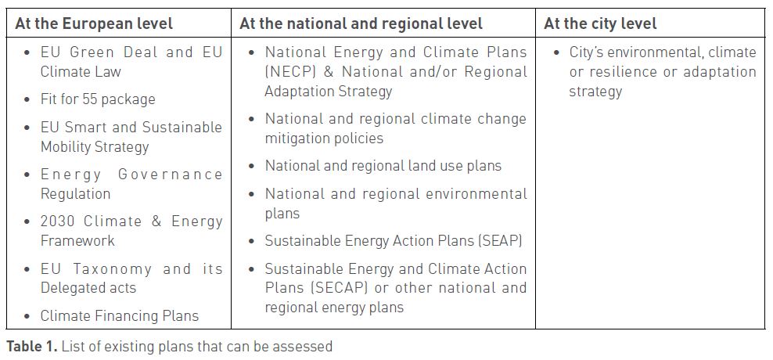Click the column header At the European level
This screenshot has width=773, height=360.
click(94, 23)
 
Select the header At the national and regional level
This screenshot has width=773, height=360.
click(361, 23)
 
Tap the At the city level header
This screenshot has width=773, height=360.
click(600, 23)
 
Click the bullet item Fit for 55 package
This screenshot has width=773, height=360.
click(98, 99)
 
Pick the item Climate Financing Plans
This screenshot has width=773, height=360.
click(119, 316)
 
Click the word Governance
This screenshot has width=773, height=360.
click(170, 174)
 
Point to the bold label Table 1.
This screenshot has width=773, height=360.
click(32, 346)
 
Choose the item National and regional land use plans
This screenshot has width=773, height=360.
click(383, 166)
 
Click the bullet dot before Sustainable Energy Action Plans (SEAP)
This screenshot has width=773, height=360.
click(252, 241)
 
